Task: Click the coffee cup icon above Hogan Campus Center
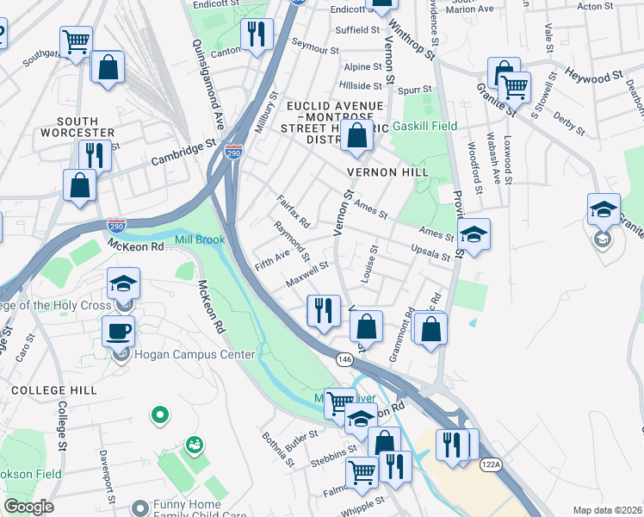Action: tap(118, 331)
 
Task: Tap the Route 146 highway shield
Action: tap(344, 358)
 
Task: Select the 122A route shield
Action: tap(490, 464)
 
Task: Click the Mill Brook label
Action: tap(200, 240)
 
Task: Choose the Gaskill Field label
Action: tap(424, 126)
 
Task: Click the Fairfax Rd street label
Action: tap(294, 210)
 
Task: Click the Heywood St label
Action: tap(595, 78)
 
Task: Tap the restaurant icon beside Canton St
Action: tap(257, 34)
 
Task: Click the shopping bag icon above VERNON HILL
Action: tap(356, 134)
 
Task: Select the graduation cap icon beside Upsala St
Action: tap(473, 234)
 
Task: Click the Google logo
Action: tap(29, 507)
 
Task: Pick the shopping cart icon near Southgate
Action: tap(76, 40)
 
